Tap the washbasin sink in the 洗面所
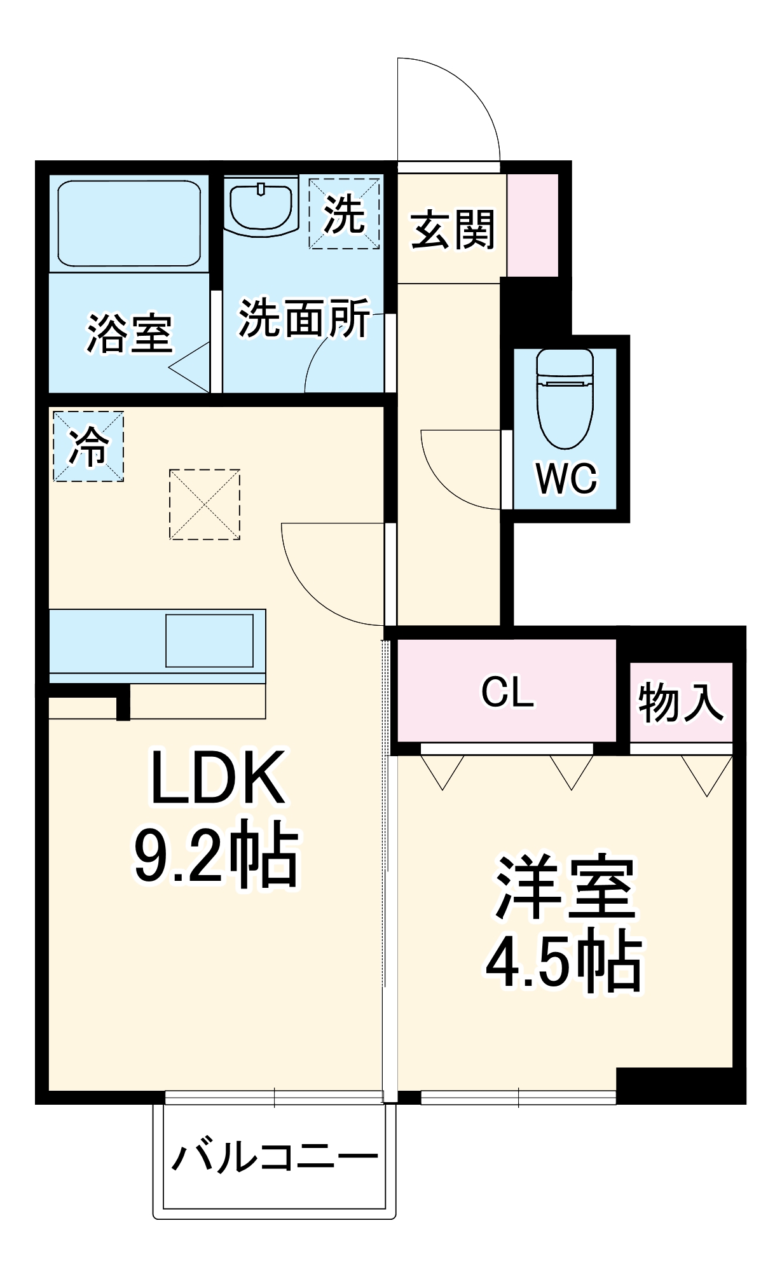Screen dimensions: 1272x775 261,207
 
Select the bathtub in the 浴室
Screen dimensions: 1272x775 129,223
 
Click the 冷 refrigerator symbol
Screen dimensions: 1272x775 88,446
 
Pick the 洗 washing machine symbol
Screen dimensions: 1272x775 344,214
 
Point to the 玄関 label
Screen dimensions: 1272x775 452,230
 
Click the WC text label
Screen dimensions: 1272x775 566,478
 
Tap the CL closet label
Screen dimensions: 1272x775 507,692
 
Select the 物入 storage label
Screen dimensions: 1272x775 680,703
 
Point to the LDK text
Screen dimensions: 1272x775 217,778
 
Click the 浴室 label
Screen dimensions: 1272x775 129,333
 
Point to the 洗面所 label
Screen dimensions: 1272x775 304,318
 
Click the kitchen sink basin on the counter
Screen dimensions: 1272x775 209,640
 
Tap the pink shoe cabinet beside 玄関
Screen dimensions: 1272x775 532,225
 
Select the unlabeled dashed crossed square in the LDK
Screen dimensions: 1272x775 205,504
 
